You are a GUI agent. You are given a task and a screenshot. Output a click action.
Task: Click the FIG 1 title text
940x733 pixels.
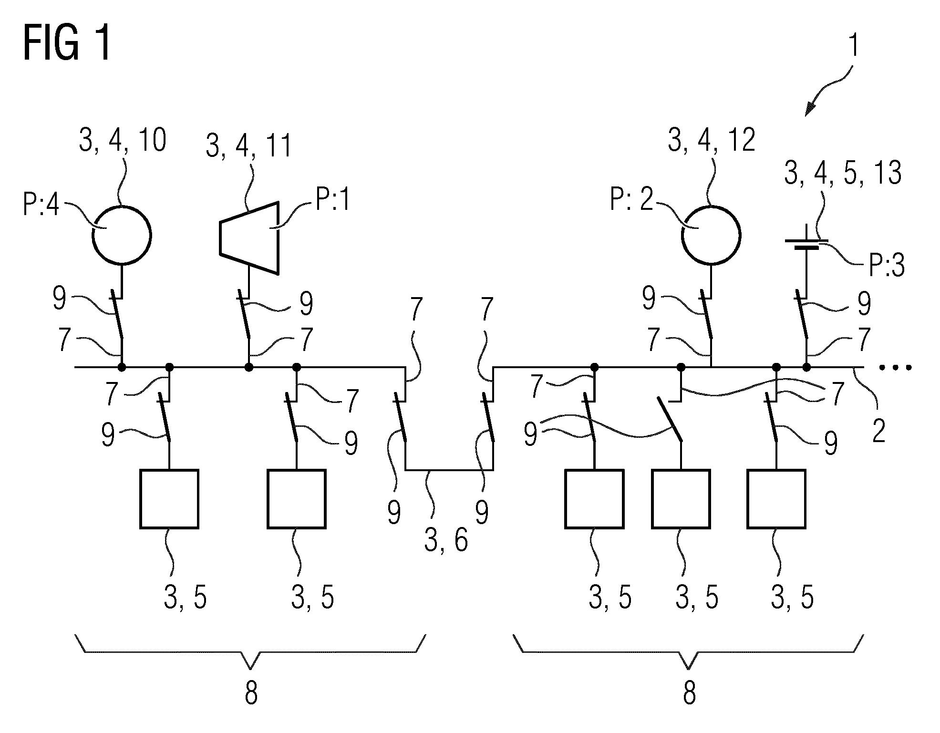click(x=67, y=43)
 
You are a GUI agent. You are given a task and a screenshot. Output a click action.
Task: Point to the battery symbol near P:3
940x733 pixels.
click(x=806, y=244)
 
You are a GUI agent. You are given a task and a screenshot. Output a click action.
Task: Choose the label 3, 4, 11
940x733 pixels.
click(x=248, y=145)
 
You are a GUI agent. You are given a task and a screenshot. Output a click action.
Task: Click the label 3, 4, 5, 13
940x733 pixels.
click(x=843, y=172)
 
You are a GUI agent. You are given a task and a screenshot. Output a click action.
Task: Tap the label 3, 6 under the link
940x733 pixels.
click(x=446, y=541)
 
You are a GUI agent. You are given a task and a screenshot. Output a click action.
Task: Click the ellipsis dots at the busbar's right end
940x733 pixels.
click(x=895, y=367)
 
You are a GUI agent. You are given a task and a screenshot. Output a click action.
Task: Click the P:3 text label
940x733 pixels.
click(x=887, y=266)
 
